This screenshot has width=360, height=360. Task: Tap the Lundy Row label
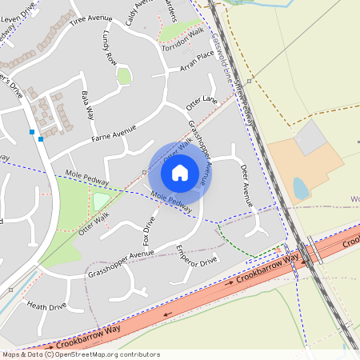[x=110, y=49]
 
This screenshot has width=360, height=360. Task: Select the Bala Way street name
[x=87, y=105]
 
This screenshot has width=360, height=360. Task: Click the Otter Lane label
[x=202, y=102]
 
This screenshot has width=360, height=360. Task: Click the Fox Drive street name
[x=148, y=229]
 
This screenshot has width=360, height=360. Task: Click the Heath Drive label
[x=46, y=306]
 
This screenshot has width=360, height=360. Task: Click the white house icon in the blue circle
[x=180, y=171]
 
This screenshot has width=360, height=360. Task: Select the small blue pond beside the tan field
[x=300, y=188]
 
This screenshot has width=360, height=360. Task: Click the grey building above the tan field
[x=310, y=138]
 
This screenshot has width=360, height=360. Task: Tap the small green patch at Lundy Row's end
[x=124, y=76]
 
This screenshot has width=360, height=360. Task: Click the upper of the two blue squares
[x=32, y=130]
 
